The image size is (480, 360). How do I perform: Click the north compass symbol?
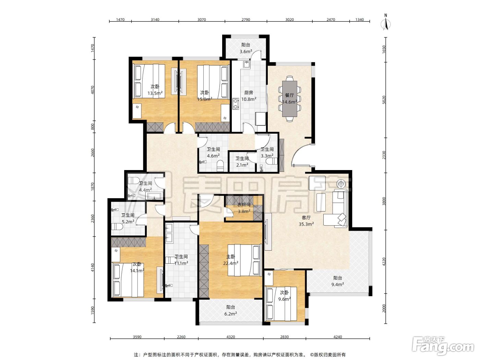coord(386,22)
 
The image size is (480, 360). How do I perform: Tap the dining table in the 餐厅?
coord(289,99)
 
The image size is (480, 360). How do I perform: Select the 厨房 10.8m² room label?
coord(249,96)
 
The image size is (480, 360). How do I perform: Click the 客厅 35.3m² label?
coord(306,221)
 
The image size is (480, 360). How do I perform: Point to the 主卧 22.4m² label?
coord(231,260)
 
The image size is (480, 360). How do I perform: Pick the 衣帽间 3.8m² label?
coord(244,208)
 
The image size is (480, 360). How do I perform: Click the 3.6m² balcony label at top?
coord(246,48)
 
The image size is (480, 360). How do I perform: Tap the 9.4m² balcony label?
coord(338,281)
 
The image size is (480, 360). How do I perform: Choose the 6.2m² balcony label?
coord(231,311)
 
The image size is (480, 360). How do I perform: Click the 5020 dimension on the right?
coord(384,100)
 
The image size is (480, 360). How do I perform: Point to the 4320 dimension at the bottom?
coord(231,337)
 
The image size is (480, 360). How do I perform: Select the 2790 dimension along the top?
coord(246,20)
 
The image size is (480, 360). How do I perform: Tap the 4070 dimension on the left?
coord(93,90)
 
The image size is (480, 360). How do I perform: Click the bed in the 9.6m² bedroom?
coord(280,304)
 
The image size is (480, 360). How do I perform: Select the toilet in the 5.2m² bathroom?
coord(117,227)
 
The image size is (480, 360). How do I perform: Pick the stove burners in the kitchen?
coord(236,104)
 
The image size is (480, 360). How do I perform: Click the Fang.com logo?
coord(443,347)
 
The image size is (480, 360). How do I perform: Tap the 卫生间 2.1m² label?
coord(242,162)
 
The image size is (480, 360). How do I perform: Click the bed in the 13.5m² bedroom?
coord(149,81)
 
